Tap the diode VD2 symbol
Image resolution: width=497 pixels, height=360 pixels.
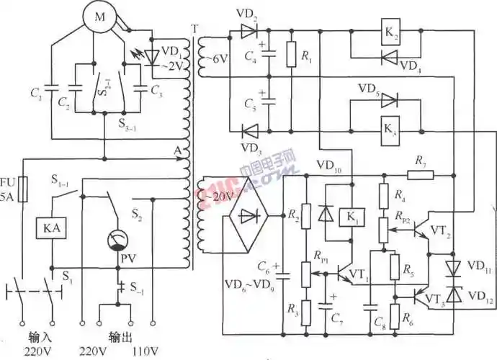[249, 32]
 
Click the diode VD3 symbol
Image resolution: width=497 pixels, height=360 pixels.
[249, 131]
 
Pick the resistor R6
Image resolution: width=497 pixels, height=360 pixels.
[395, 315]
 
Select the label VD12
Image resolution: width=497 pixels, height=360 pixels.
[476, 296]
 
